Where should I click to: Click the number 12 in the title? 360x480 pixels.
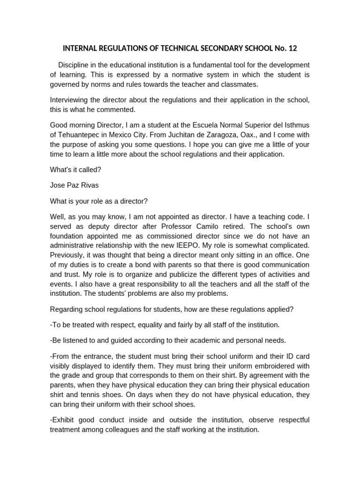coord(292,48)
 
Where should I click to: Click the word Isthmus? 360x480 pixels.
coord(297,125)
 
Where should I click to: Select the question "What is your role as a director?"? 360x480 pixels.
coord(99,201)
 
